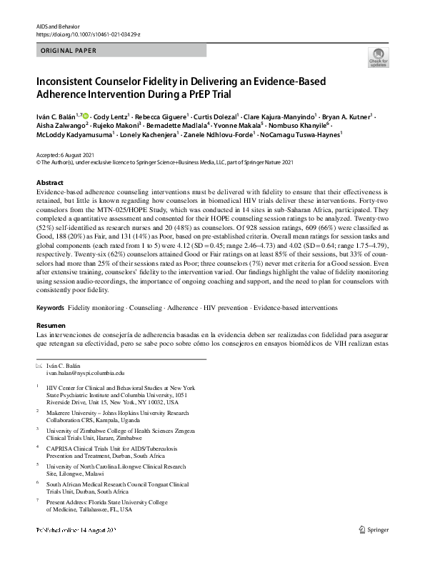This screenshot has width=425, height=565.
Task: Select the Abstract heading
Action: click(49, 183)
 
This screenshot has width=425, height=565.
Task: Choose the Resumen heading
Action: click(51, 324)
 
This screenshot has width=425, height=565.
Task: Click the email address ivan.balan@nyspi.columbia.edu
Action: click(84, 373)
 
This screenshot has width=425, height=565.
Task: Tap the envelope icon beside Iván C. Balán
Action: click(39, 366)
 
